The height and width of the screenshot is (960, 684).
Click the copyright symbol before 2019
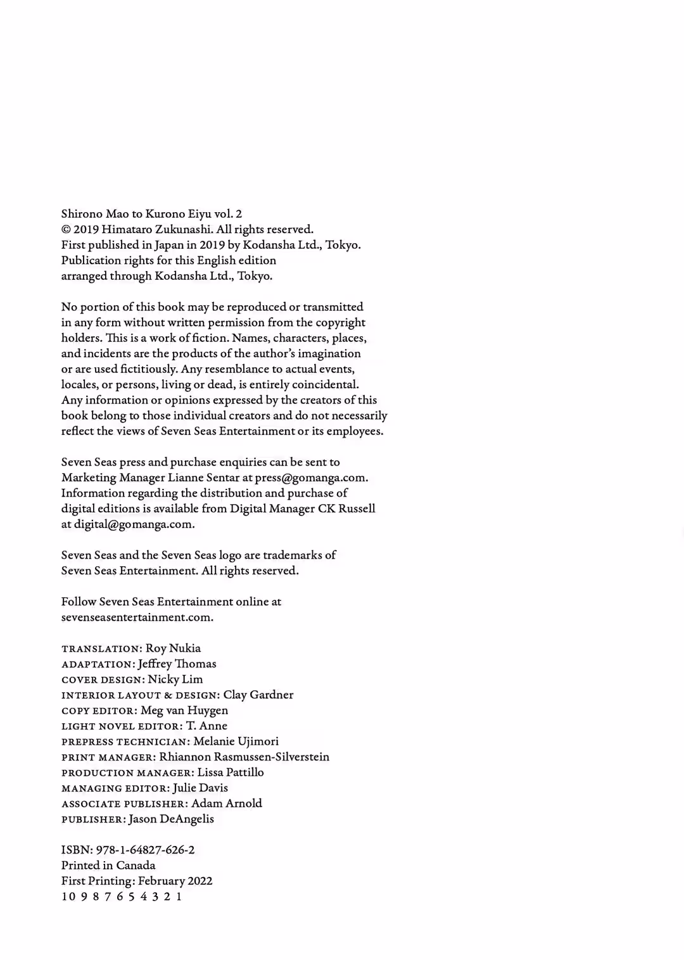point(66,230)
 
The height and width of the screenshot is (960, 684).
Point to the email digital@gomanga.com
point(134,524)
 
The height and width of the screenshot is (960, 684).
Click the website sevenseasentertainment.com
point(137,617)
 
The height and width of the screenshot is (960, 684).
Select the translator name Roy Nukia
point(173,648)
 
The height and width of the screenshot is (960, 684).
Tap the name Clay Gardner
point(258,695)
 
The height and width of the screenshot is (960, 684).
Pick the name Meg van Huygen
point(184,711)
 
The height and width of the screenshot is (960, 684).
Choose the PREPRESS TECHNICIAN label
point(125,742)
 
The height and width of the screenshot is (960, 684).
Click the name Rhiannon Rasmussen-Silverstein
point(244,757)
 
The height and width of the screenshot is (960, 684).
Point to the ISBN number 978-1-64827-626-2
point(145,850)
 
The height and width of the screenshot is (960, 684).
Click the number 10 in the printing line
point(67,897)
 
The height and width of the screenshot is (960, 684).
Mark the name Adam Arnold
point(227,804)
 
